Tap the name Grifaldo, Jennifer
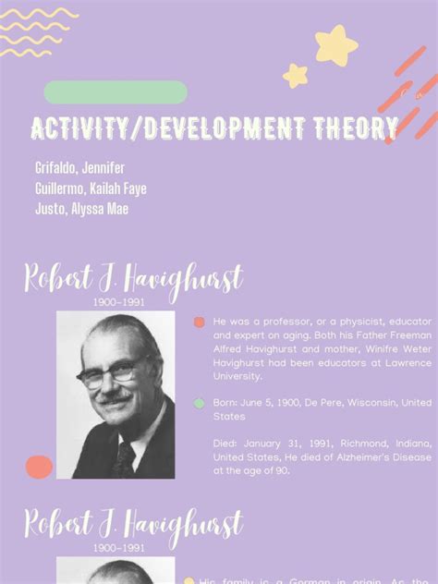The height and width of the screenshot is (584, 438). pyautogui.click(x=79, y=168)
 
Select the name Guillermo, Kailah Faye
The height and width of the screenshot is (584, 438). pyautogui.click(x=91, y=189)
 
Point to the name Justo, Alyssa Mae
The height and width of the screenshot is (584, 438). pyautogui.click(x=81, y=209)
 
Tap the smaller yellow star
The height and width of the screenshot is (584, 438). pyautogui.click(x=296, y=76)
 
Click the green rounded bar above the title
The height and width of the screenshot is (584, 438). pyautogui.click(x=116, y=92)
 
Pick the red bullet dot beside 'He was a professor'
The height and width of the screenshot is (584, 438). pyautogui.click(x=199, y=322)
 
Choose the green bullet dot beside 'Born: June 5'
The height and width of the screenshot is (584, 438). pyautogui.click(x=199, y=403)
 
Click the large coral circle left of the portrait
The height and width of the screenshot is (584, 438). pyautogui.click(x=39, y=467)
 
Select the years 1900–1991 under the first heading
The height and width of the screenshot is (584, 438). pyautogui.click(x=117, y=301)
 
